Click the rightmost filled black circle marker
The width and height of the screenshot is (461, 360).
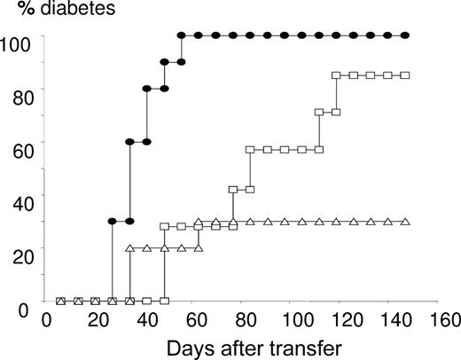click(x=405, y=35)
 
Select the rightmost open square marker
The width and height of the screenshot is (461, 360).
click(x=405, y=75)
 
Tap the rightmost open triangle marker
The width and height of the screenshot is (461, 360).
click(x=405, y=222)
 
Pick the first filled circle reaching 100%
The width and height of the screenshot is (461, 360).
click(x=181, y=35)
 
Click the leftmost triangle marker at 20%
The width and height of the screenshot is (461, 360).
click(x=130, y=248)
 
